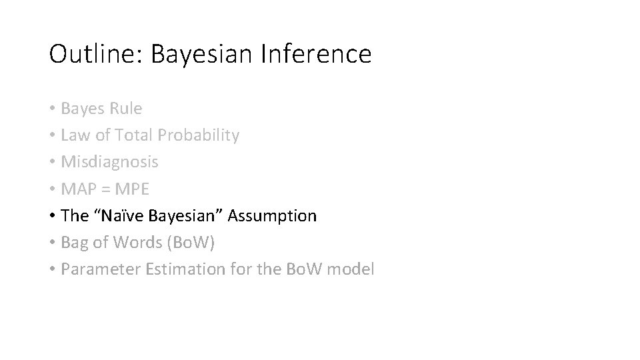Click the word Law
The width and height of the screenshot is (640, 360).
[74, 135]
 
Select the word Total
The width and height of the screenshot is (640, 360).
[134, 135]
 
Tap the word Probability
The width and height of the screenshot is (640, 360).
[198, 135]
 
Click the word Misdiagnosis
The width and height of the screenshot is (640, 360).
[109, 162]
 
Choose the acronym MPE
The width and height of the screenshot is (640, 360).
[133, 189]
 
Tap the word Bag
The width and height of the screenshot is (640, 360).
[74, 243]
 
